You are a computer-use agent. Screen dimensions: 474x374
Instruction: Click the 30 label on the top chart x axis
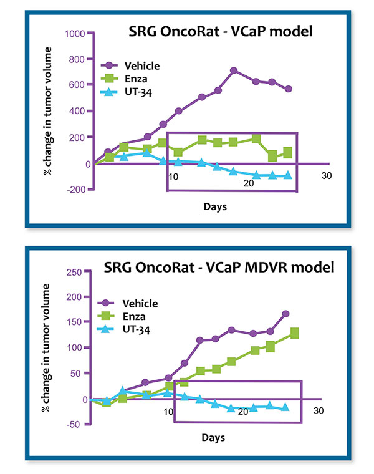tap(325, 176)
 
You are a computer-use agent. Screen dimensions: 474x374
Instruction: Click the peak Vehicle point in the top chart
tap(234, 70)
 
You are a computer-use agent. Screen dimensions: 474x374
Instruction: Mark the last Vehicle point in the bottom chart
tap(285, 314)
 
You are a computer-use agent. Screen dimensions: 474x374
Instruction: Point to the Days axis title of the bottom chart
tap(213, 438)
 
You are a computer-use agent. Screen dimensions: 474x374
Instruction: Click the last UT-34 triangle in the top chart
tap(287, 175)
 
